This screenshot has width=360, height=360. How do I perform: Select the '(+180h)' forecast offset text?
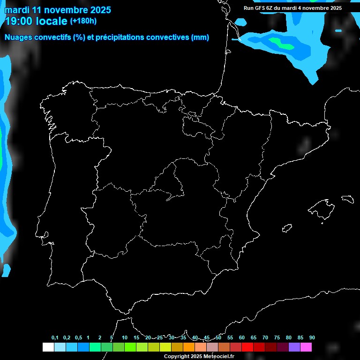click(83, 21)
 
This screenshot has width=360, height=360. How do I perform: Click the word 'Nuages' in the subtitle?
click(19, 37)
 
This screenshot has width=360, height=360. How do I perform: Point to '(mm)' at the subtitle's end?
click(200, 37)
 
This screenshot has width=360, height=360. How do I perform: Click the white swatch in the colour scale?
click(48, 347)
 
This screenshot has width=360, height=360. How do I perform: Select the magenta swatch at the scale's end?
click(306, 347)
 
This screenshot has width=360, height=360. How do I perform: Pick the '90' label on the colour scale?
click(312, 338)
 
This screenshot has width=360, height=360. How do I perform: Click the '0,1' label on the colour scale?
click(55, 338)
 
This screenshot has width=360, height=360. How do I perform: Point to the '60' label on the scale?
click(242, 338)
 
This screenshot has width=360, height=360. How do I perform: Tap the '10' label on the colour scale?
click(125, 338)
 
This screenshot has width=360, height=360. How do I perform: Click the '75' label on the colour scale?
click(277, 338)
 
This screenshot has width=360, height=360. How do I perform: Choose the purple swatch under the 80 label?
click(294, 347)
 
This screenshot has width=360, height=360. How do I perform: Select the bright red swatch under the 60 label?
click(247, 347)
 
